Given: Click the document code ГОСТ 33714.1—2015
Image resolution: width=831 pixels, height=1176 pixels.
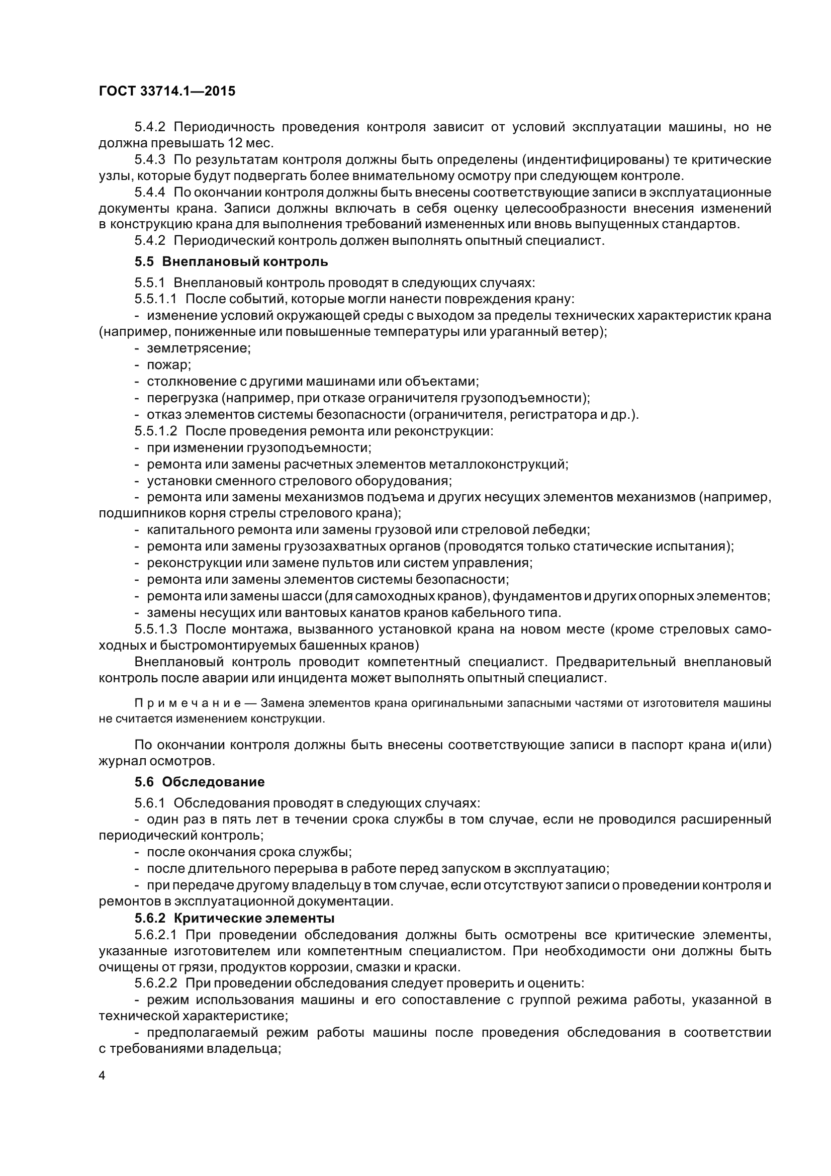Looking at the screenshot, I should click(x=167, y=91).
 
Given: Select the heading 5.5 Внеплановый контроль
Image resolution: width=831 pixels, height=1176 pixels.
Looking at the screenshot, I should click(x=231, y=262).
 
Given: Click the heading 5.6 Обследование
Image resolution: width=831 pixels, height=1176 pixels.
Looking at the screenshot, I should click(x=200, y=782).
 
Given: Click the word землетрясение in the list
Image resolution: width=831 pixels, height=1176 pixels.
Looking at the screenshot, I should click(x=199, y=348).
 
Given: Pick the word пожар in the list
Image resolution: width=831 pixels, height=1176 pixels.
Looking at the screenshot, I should click(x=169, y=365).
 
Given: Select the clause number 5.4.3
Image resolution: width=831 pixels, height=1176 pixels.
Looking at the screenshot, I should click(x=150, y=160).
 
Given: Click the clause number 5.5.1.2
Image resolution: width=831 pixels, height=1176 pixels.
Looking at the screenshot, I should click(x=156, y=431).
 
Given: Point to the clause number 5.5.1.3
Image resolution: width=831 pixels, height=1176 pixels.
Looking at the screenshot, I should click(x=156, y=629).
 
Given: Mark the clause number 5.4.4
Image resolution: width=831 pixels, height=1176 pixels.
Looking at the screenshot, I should click(x=150, y=193).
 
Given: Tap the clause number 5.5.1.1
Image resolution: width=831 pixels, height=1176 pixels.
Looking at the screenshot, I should click(x=156, y=299).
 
